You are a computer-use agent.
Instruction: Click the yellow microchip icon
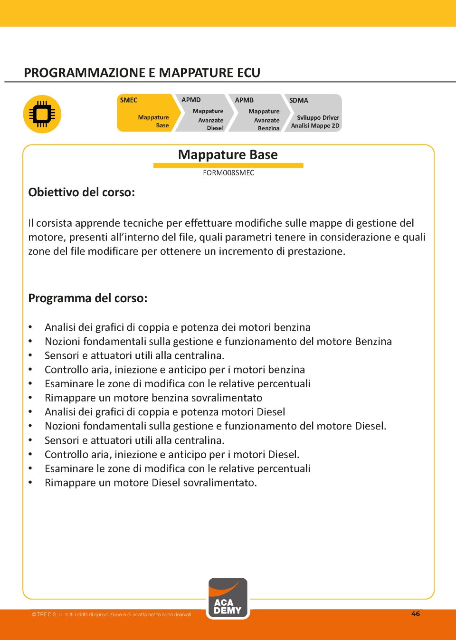[x=42, y=114]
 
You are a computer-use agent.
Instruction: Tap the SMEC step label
[x=129, y=100]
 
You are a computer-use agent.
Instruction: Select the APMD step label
[x=191, y=100]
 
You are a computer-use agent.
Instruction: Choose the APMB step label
[x=244, y=100]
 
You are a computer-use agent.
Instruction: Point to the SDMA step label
[x=299, y=100]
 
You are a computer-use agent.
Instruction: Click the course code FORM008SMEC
[x=228, y=173]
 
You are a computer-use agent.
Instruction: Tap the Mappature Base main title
[x=228, y=155]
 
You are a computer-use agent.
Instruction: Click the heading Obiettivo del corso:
[x=82, y=192]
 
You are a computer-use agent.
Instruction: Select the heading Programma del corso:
[x=88, y=298]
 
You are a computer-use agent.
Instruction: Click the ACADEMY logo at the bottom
[x=228, y=599]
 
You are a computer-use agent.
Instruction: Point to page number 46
[x=416, y=614]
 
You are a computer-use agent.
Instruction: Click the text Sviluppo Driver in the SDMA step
[x=318, y=118]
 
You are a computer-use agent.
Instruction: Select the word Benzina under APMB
[x=268, y=129]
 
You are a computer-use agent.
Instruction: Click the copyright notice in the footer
[x=112, y=615]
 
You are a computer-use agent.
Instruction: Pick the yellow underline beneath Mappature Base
[x=228, y=165]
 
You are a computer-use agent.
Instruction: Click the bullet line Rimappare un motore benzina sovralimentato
[x=153, y=398]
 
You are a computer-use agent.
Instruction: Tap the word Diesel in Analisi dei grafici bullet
[x=271, y=412]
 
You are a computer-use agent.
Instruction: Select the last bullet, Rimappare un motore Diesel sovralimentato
[x=151, y=483]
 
